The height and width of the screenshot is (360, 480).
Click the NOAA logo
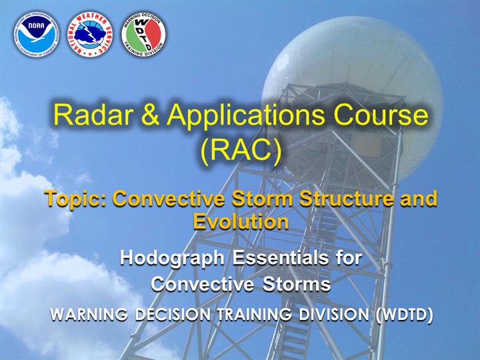36,35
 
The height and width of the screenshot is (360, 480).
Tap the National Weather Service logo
90,35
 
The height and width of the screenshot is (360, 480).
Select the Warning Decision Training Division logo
143,35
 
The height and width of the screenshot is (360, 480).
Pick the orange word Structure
346,199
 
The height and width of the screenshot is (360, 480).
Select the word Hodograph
173,259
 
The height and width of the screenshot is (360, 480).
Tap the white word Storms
296,284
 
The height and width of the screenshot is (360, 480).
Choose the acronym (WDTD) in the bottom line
405,315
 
